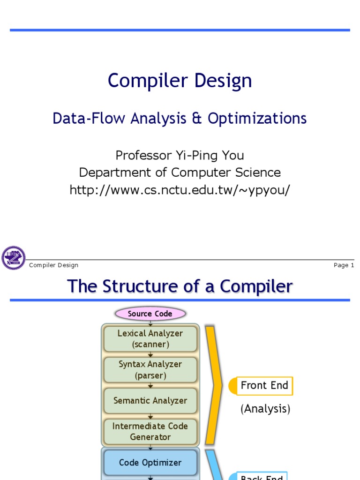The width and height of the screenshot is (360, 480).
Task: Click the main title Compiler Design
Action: tap(180, 81)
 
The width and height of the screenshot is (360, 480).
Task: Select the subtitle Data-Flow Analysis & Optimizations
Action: tap(180, 118)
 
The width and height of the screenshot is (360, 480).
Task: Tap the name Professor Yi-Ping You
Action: tap(180, 155)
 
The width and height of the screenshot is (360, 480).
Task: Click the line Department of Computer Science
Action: tap(180, 172)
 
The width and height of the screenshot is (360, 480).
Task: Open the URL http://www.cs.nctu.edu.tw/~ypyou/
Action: tap(180, 190)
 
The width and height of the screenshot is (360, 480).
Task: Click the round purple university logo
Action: tap(14, 258)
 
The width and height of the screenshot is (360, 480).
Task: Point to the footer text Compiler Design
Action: tap(53, 265)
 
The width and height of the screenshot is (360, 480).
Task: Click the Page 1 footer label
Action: tap(344, 265)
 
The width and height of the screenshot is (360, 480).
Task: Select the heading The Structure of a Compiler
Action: tap(180, 286)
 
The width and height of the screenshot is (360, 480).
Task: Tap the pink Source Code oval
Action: tap(150, 314)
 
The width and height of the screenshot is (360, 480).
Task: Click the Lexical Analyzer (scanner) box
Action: tap(150, 339)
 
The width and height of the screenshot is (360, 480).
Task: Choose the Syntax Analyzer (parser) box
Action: tap(150, 370)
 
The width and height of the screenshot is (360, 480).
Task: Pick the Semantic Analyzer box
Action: tap(150, 401)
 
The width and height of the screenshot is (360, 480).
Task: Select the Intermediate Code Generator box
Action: tap(150, 432)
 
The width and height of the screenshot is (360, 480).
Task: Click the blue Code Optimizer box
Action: tap(150, 463)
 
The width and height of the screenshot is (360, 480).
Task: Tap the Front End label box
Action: tap(264, 386)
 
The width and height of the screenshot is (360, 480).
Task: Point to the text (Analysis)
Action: tap(265, 409)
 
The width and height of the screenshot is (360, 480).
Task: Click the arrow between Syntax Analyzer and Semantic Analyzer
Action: tap(150, 385)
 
